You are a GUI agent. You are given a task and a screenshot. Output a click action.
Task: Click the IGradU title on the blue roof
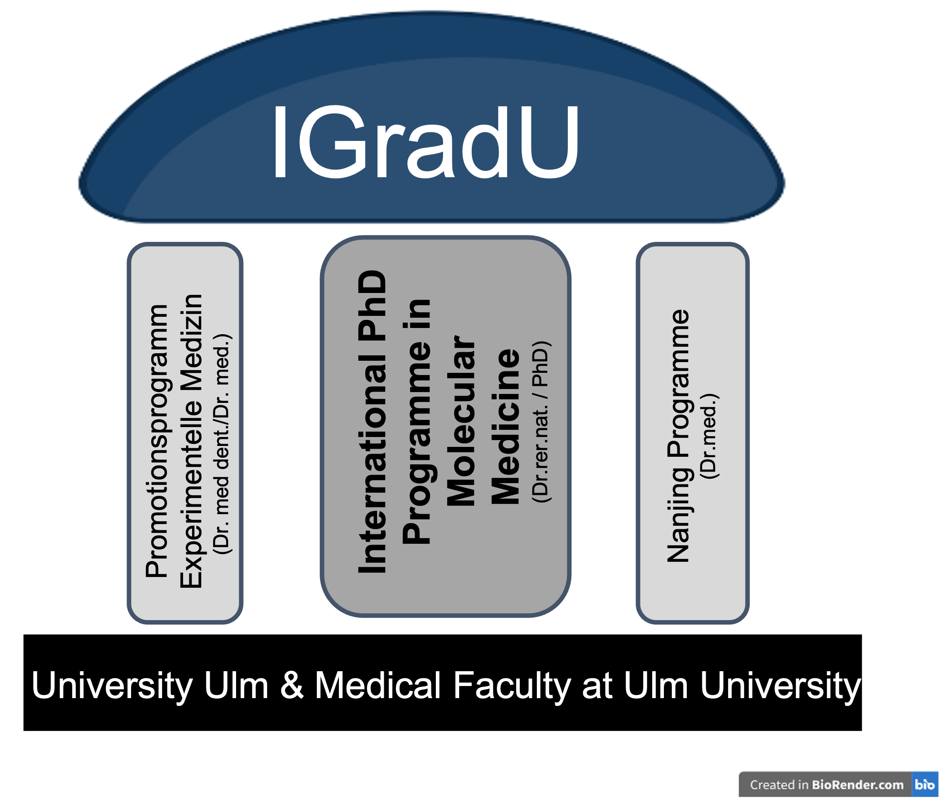tap(425, 142)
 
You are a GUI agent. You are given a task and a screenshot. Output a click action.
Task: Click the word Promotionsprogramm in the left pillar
tap(156, 441)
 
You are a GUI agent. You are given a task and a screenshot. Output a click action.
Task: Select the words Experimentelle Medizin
tap(191, 441)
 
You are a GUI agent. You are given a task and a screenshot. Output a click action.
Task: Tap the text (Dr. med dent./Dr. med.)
tap(222, 444)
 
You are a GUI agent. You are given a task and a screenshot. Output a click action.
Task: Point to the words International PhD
tap(372, 422)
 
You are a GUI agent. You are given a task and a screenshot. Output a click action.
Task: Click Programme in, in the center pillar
tap(416, 422)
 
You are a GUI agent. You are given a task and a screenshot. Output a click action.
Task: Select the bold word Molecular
tap(461, 422)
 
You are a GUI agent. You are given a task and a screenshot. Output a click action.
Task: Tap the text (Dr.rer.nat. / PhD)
tap(541, 422)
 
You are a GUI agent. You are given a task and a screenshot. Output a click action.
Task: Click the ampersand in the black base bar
tap(291, 685)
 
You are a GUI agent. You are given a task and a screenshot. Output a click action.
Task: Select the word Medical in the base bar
tap(377, 685)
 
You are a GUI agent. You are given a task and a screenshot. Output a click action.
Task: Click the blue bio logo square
tap(924, 784)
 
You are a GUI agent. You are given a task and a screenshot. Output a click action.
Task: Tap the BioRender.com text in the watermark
tap(857, 784)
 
